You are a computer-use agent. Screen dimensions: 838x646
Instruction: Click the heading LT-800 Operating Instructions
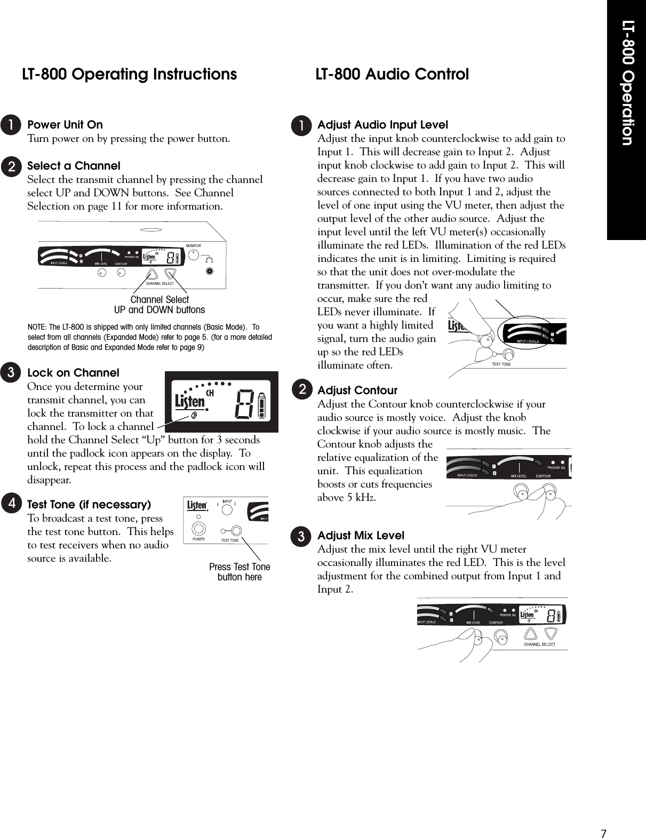point(129,74)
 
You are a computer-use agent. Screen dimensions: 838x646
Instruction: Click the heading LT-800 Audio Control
point(392,74)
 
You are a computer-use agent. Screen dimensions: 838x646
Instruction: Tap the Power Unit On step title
point(65,125)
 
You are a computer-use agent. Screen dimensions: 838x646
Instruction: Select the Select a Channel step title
point(74,166)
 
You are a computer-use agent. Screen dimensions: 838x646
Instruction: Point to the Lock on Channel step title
point(73,373)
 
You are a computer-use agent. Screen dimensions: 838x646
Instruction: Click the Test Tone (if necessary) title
point(89,505)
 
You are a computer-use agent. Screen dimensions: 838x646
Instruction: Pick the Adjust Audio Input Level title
point(382,125)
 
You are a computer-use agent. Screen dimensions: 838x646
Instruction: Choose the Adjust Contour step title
point(357,390)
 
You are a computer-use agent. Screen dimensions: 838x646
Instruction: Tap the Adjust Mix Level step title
point(361,536)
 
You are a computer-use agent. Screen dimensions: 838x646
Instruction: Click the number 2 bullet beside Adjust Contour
point(302,390)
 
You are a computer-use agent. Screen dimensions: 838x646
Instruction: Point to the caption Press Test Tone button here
point(240,572)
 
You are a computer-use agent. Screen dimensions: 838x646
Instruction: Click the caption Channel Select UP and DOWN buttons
point(159,305)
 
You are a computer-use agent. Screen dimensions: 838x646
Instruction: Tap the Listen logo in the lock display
point(190,401)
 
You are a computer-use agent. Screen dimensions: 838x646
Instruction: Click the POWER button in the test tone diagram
point(199,529)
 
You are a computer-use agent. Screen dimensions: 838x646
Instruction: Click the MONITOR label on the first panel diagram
point(193,246)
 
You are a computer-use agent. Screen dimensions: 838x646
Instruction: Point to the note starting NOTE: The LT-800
point(150,337)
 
